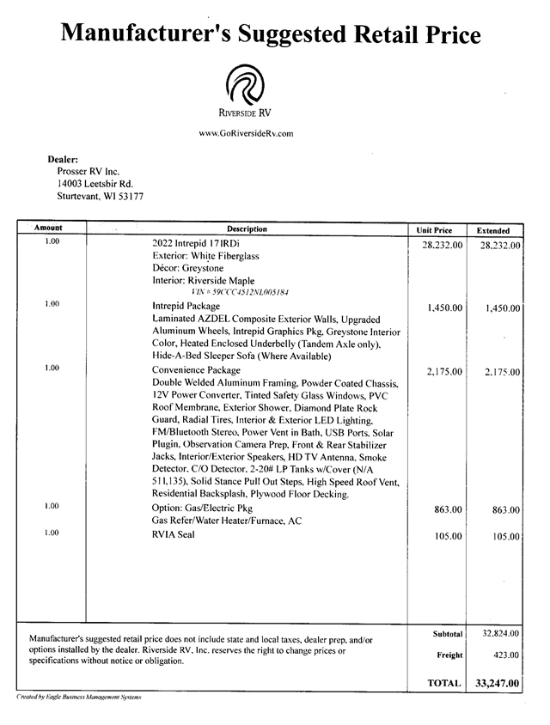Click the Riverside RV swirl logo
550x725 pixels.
click(246, 85)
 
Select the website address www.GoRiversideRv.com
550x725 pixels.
click(246, 133)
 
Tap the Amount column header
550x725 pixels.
click(48, 229)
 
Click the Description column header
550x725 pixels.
click(247, 229)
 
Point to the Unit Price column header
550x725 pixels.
click(434, 230)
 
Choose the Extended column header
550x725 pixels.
click(493, 230)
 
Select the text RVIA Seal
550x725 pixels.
click(174, 535)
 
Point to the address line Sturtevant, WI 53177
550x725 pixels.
click(100, 196)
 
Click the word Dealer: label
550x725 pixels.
click(63, 158)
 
